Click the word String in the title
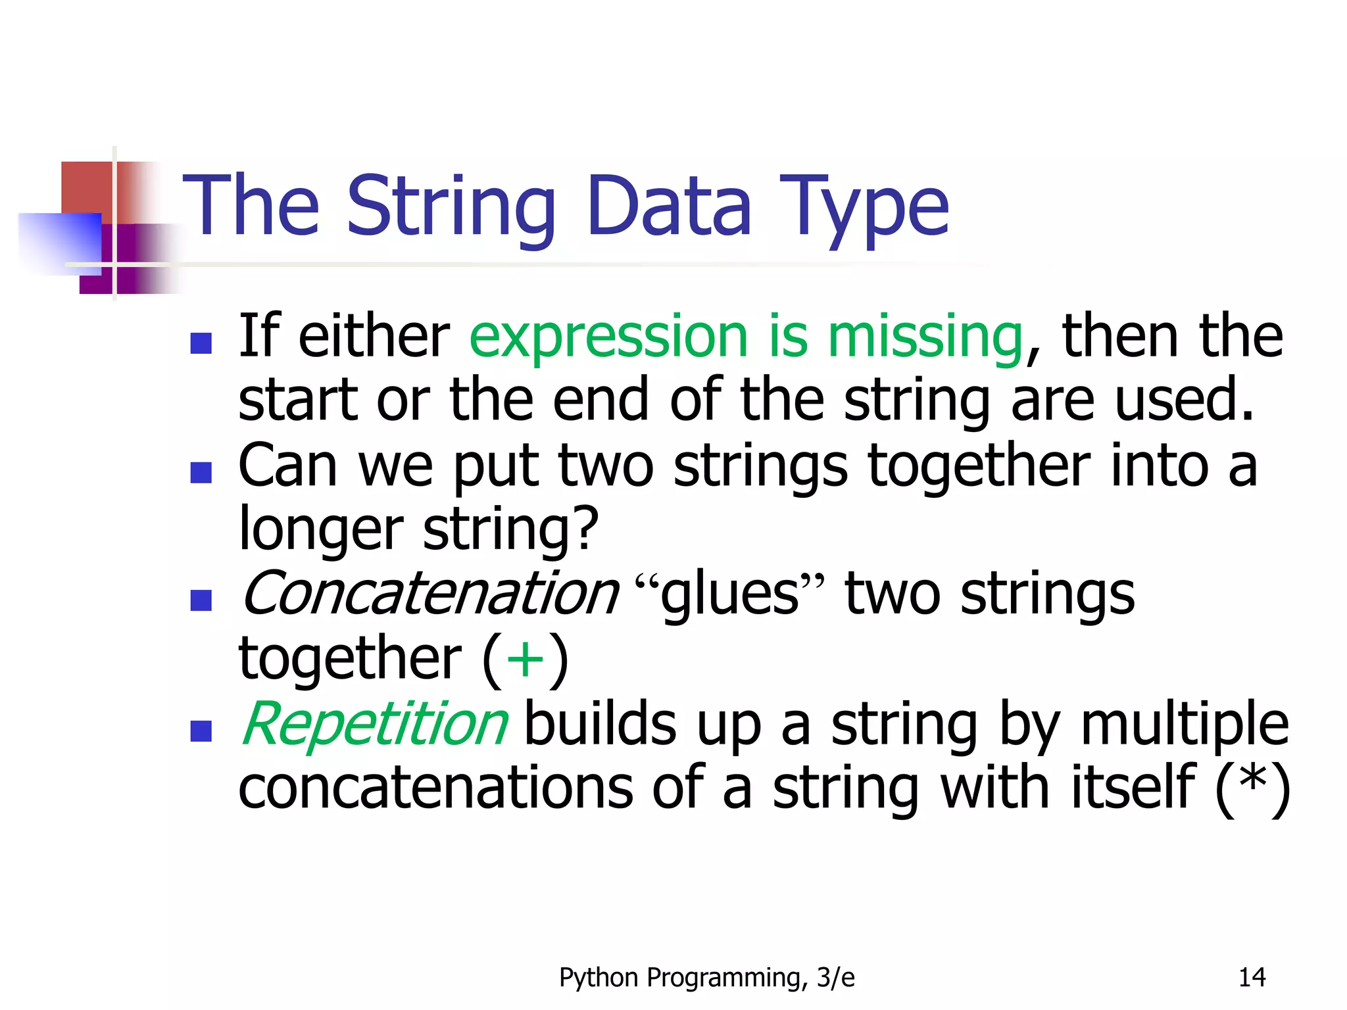pos(451,207)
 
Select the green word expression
pos(608,337)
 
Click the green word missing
pos(925,337)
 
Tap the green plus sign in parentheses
pos(526,660)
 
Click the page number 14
pos(1252,978)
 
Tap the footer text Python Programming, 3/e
pos(706,978)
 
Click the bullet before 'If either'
pos(201,343)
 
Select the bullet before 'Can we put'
pos(201,473)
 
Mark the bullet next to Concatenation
pos(201,600)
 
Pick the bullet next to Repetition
pos(201,731)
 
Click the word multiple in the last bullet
pos(1184,725)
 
